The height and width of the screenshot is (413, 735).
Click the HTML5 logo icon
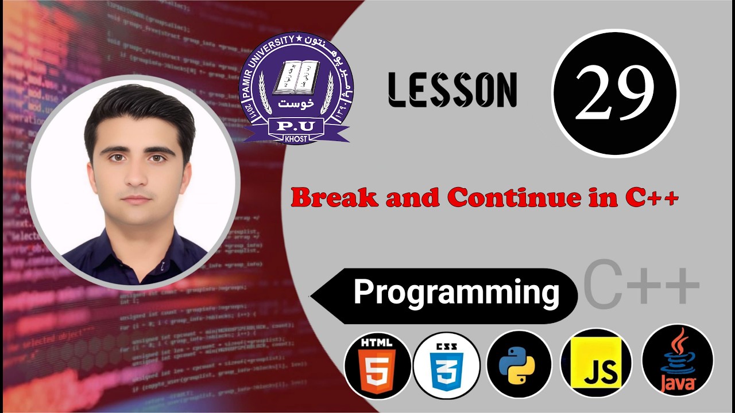point(377,365)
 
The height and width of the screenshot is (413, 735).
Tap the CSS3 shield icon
point(446,365)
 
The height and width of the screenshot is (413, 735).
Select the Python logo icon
point(519,365)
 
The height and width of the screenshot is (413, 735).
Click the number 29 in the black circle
point(614,94)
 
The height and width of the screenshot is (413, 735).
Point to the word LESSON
point(452,90)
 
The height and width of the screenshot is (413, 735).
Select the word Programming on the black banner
point(457,292)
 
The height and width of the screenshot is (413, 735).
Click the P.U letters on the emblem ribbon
point(296,126)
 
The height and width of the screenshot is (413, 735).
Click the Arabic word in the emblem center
point(295,104)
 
